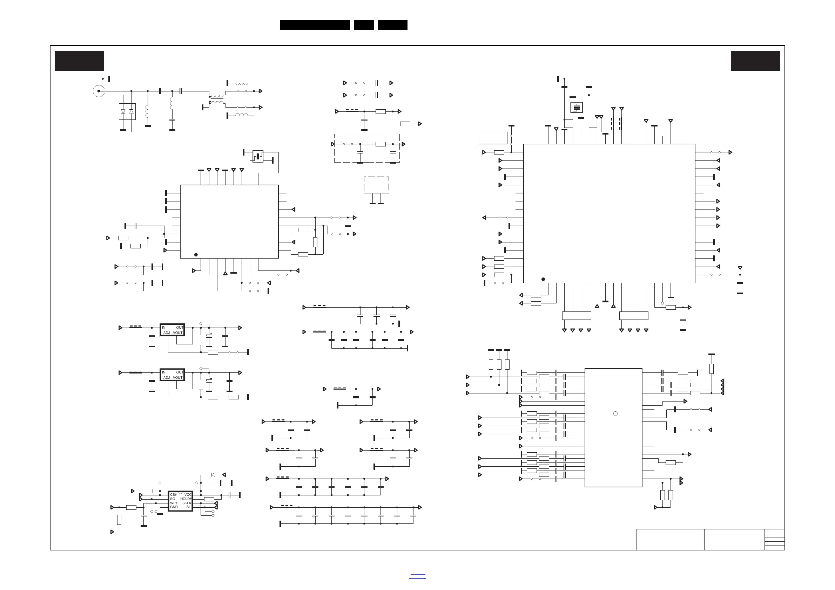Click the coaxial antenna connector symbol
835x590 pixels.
tap(98, 91)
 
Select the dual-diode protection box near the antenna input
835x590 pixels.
tap(127, 111)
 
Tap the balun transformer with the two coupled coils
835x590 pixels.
tap(217, 99)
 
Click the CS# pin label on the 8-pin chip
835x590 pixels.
tap(174, 495)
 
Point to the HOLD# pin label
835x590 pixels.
tap(186, 499)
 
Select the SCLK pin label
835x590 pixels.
tap(187, 503)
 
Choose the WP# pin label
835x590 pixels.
tap(174, 503)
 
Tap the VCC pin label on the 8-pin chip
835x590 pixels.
tap(188, 495)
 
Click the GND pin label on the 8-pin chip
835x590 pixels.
tap(174, 507)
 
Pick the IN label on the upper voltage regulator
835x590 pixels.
tap(164, 328)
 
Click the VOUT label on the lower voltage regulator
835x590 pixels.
tap(178, 378)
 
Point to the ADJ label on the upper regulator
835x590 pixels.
tap(167, 333)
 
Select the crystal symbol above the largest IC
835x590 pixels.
tap(577, 108)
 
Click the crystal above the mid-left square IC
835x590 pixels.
tap(258, 156)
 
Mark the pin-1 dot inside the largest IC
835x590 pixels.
tap(543, 279)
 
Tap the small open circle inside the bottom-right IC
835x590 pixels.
tap(615, 413)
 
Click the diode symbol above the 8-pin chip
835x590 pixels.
tap(213, 475)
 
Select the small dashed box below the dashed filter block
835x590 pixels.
tap(376, 185)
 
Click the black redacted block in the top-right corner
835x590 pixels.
tap(755, 61)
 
